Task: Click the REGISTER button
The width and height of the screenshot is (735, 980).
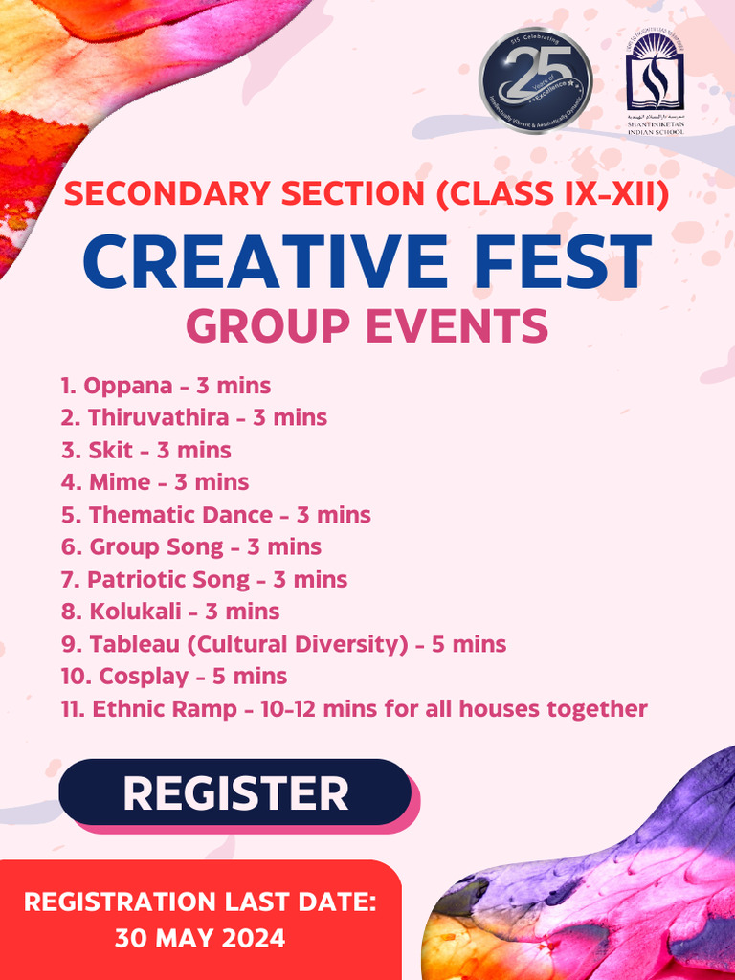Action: coord(235,792)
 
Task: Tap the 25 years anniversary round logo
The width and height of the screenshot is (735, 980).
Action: coord(535,80)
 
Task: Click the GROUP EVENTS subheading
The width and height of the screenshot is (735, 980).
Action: coord(367,326)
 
